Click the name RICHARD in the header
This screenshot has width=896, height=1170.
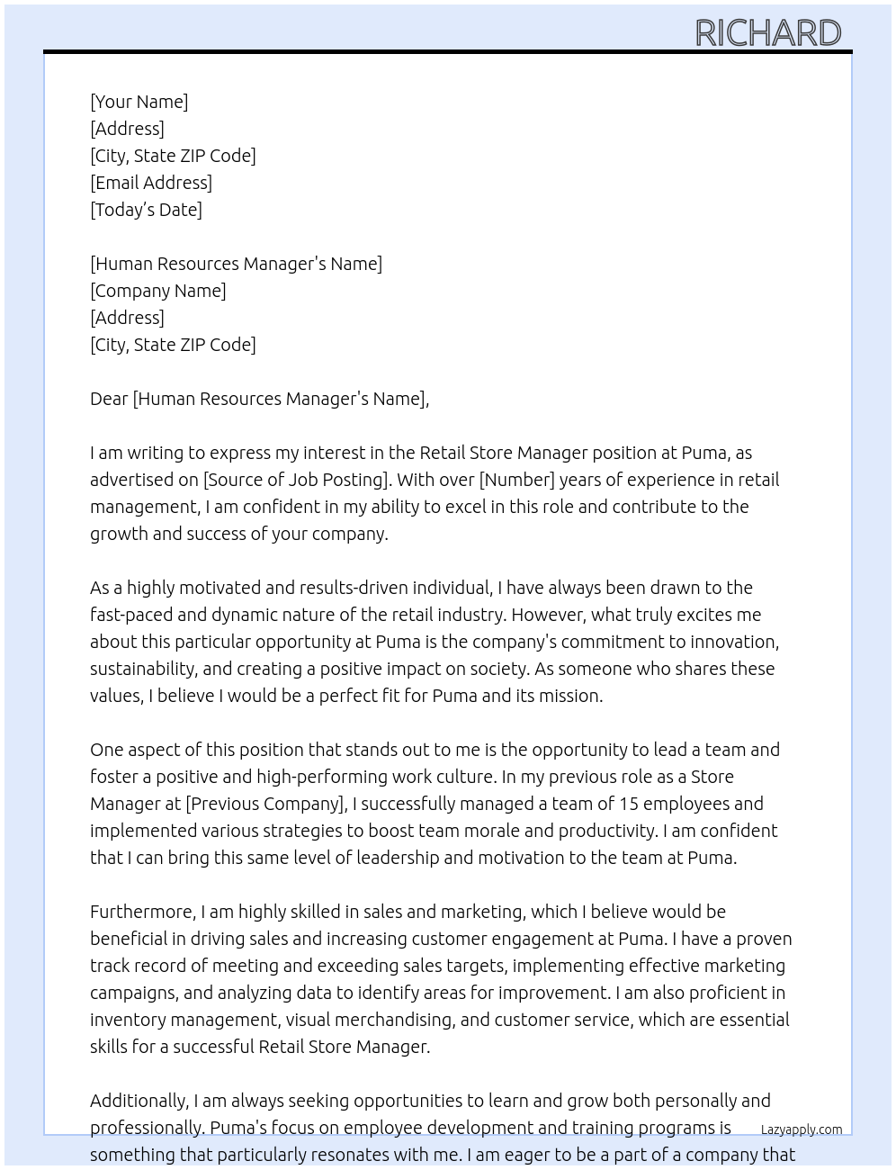pyautogui.click(x=767, y=33)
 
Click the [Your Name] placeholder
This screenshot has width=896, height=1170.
pyautogui.click(x=139, y=102)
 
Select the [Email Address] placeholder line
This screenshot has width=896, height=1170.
pyautogui.click(x=151, y=183)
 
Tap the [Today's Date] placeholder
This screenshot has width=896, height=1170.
pyautogui.click(x=146, y=210)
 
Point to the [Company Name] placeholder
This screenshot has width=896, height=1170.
pyautogui.click(x=157, y=291)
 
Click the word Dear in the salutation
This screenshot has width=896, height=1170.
pyautogui.click(x=109, y=399)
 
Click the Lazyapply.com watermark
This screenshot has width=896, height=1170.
pyautogui.click(x=802, y=1129)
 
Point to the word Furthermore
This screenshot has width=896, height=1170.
pyautogui.click(x=142, y=912)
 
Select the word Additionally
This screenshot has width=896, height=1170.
pyautogui.click(x=139, y=1101)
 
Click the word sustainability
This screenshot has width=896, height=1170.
pyautogui.click(x=143, y=669)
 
